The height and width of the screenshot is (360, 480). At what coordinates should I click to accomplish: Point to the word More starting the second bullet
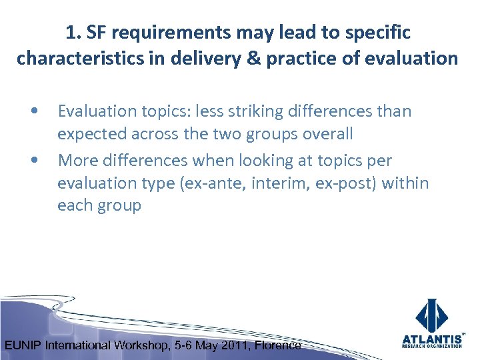click(77, 160)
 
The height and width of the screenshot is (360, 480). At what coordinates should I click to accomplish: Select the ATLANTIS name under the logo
click(432, 339)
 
